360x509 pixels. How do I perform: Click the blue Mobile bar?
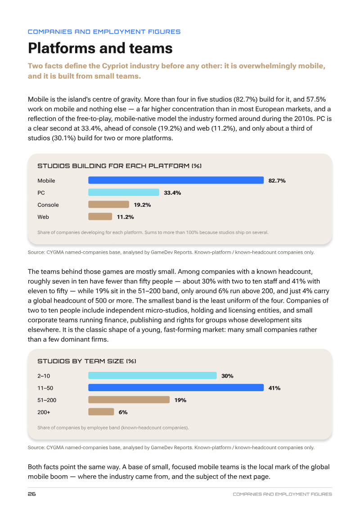176,180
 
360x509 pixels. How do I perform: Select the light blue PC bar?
124,192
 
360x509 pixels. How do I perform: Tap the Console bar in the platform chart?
109,205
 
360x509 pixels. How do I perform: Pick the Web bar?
100,217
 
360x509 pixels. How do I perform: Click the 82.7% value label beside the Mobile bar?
277,180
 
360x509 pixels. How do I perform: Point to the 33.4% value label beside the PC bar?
172,192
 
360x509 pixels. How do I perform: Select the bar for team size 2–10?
153,375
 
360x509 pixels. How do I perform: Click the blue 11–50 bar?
176,388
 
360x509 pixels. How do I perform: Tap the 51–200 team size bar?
129,400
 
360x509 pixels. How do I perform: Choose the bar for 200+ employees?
101,412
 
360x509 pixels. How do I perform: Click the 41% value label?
274,388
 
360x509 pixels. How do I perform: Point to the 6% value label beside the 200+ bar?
123,412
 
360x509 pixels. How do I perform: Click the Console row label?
48,205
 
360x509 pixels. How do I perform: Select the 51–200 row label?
47,400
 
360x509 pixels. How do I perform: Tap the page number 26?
32,494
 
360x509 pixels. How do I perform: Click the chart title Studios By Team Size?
87,361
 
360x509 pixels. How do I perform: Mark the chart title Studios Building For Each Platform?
120,166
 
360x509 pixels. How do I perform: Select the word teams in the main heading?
151,48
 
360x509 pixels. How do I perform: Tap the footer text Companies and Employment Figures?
282,494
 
